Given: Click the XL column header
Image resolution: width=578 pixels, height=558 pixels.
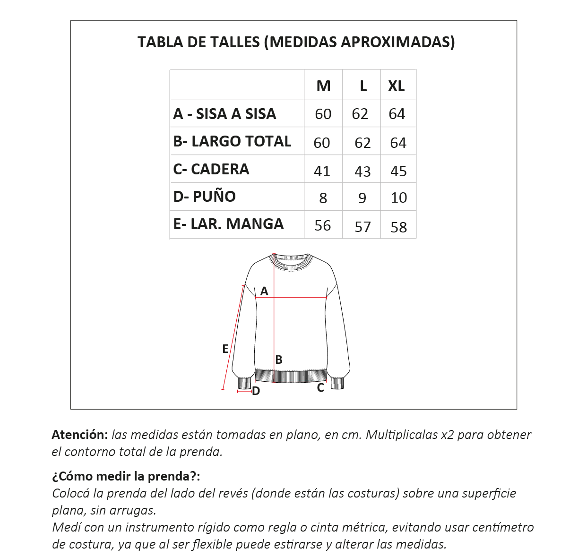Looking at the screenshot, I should (397, 86).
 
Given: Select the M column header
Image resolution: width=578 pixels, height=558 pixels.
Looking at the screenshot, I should (323, 86).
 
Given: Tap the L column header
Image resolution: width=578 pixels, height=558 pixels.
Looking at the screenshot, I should (363, 86).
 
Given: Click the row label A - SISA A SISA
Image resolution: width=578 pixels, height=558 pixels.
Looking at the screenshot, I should (224, 114).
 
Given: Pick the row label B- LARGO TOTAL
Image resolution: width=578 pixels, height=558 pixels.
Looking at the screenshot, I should (232, 141).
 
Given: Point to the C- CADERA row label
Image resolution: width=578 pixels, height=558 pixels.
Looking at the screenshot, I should (211, 169).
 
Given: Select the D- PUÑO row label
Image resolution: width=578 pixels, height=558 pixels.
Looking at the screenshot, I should (204, 197).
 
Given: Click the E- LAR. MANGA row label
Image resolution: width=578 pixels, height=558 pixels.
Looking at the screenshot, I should (228, 224).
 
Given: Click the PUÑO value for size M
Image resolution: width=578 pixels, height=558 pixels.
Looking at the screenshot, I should (323, 198).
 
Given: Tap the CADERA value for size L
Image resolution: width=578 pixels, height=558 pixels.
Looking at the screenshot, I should (362, 171).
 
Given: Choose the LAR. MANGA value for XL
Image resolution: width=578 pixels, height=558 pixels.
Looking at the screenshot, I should (398, 227).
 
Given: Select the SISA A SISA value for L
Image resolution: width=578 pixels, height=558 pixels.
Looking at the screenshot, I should (360, 114).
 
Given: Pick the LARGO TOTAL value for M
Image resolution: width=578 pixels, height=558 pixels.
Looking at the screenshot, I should (322, 143).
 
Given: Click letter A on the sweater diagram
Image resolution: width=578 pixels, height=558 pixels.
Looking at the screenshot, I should (264, 292).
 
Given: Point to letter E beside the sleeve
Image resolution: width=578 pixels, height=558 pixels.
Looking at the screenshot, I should (225, 349).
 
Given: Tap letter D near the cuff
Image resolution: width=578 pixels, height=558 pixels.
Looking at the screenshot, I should (256, 391).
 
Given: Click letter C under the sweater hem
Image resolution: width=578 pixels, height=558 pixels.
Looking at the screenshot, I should (320, 388).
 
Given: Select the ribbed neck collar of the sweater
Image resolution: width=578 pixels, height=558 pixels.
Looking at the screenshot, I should (291, 262).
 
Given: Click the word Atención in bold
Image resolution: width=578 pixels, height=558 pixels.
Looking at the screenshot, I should (80, 435).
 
